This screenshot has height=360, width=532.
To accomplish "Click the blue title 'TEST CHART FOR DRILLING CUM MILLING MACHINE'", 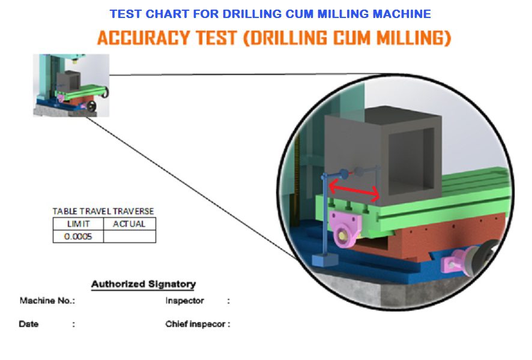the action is (x=270, y=14).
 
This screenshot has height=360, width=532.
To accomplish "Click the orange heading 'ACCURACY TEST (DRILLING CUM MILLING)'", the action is (x=274, y=38).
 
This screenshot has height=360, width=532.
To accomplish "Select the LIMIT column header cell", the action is (x=78, y=224).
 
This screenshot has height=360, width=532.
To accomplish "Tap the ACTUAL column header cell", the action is (x=129, y=224).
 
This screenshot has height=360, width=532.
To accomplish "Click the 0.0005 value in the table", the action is (x=78, y=236).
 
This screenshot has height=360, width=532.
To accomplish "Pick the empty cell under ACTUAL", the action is (x=129, y=236).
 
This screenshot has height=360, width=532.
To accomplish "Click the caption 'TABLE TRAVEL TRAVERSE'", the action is (x=103, y=211).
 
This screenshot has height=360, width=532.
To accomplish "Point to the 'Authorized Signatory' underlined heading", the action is (x=144, y=284).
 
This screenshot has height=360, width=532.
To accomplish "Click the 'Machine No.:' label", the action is (x=47, y=301).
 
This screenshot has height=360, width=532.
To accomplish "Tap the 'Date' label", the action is (x=28, y=324).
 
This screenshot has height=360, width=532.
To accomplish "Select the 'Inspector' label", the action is (x=184, y=301).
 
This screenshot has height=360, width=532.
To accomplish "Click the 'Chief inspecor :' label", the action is (x=198, y=324).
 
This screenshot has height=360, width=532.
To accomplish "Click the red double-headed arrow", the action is (x=354, y=191).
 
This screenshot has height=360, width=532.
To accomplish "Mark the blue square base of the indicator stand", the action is (x=325, y=260).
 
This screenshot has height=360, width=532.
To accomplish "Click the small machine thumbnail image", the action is (x=71, y=85).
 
